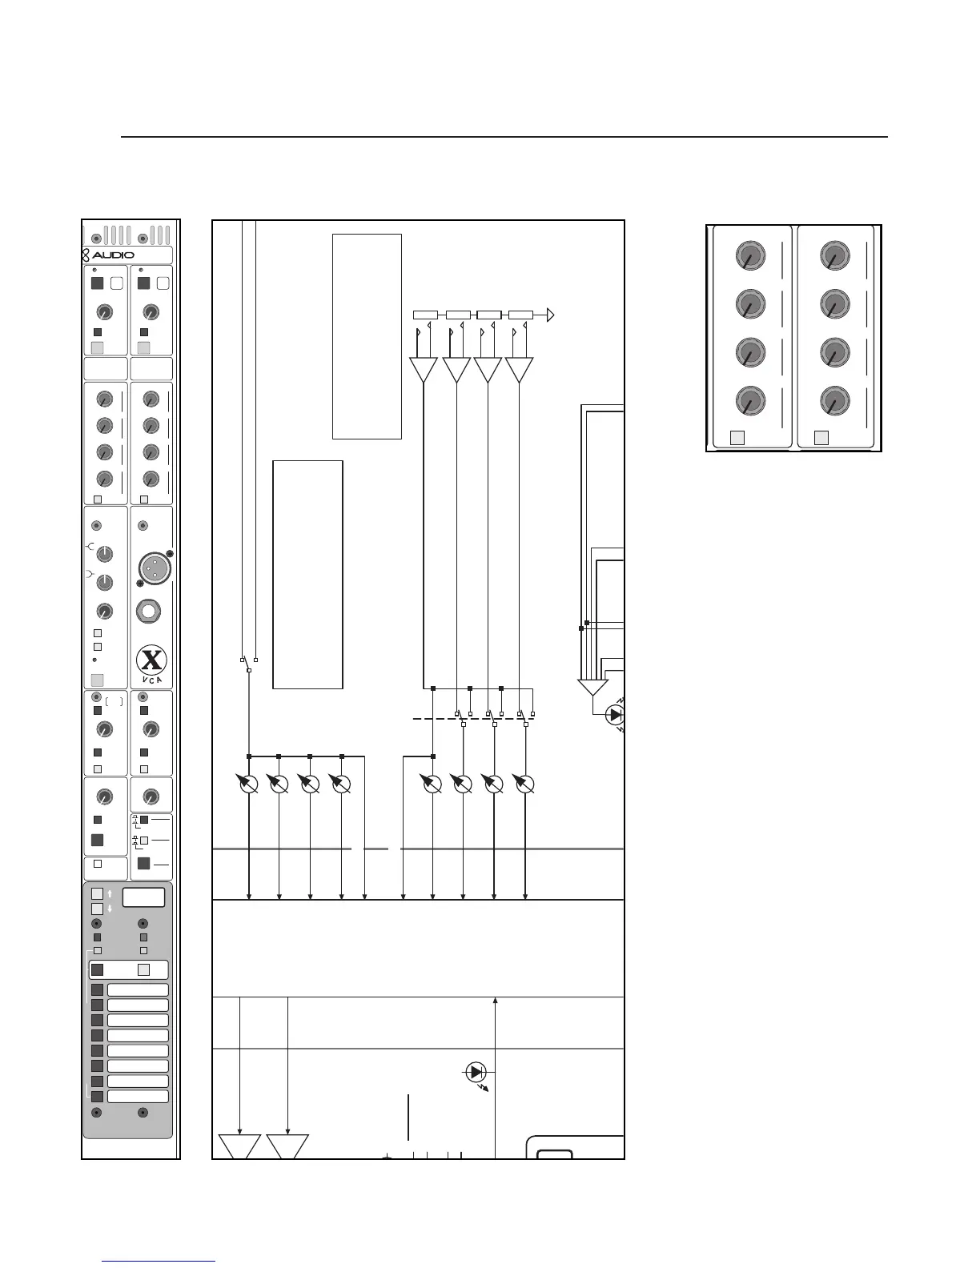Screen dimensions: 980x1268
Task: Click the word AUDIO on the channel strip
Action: pos(113,255)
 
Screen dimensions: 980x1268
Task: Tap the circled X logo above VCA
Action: pos(151,660)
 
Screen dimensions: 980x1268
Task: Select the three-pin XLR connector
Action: pos(151,568)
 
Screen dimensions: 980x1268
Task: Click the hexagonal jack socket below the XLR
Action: pos(150,612)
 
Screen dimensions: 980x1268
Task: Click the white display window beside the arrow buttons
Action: pos(143,897)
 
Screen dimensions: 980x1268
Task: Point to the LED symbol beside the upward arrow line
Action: pos(476,1071)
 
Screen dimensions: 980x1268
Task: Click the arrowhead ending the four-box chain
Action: pos(550,315)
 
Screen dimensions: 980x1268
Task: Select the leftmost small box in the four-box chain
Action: pos(425,315)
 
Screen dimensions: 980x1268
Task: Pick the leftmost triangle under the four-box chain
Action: pos(424,370)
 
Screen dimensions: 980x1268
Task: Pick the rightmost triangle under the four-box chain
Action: pos(520,370)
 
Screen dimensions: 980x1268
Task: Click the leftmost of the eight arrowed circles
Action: pos(249,784)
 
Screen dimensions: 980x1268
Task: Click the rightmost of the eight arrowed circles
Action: pos(524,784)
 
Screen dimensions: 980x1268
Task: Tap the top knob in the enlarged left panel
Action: pos(749,256)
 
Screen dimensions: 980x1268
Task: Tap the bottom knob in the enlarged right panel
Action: pos(834,400)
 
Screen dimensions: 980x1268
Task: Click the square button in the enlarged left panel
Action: pos(738,437)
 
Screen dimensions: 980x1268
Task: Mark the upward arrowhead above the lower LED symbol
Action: pos(496,1001)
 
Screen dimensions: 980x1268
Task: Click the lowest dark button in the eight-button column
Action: pos(97,1096)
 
